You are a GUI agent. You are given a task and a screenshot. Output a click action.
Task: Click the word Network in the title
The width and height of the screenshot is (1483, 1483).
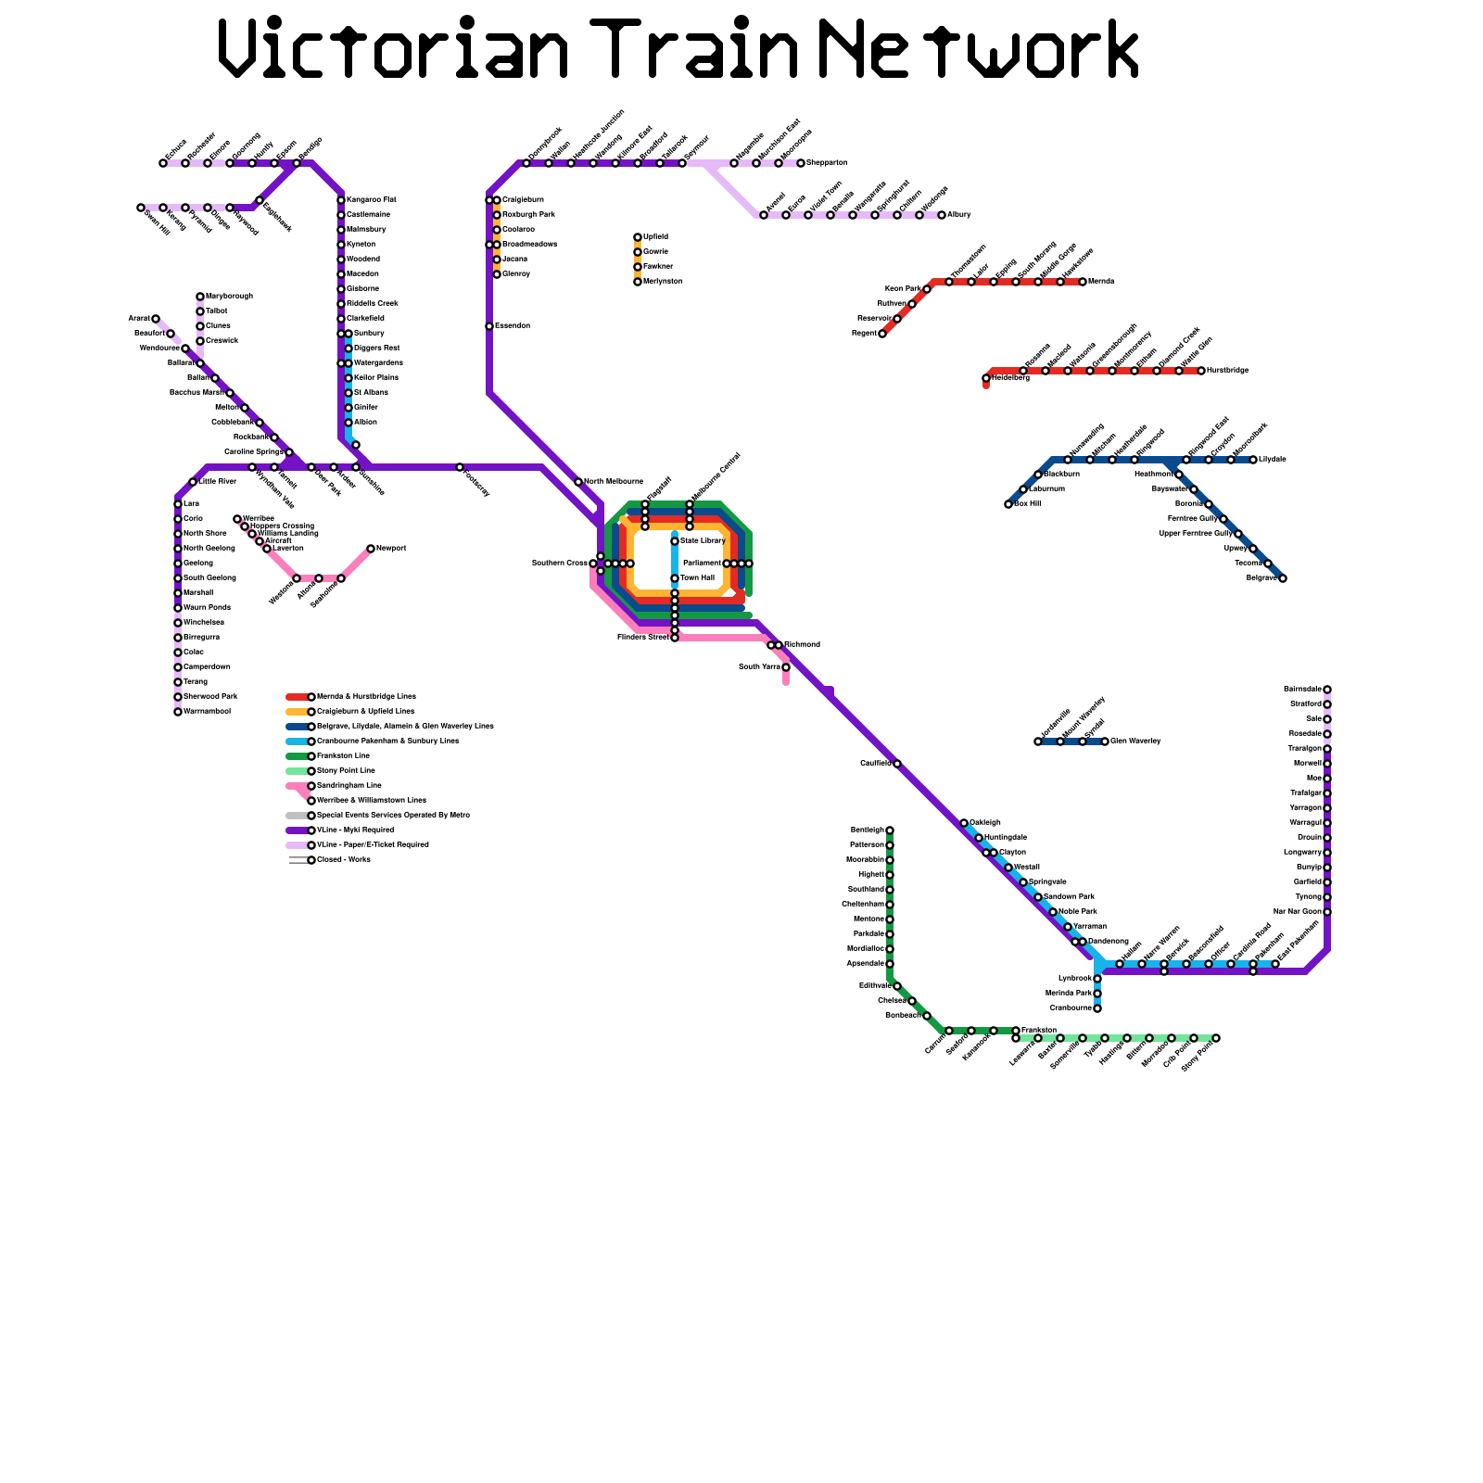point(979,48)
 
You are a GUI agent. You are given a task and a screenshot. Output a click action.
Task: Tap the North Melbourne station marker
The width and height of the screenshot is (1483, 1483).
point(578,482)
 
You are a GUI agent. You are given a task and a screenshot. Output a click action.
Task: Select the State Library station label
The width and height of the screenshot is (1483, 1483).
point(703,540)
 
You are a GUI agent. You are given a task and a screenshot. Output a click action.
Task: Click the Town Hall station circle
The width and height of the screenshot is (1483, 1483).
point(675,578)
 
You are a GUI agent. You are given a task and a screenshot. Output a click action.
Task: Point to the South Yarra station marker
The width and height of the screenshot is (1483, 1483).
point(786,667)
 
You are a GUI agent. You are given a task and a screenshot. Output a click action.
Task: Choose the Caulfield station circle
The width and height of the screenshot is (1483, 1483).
point(897,764)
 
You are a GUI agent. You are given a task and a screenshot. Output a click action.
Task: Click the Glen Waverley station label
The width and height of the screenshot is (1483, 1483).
point(1135,741)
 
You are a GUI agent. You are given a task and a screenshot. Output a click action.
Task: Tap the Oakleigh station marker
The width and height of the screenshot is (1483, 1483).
point(964,823)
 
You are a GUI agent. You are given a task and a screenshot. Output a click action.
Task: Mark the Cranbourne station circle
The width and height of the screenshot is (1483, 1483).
point(1097,1008)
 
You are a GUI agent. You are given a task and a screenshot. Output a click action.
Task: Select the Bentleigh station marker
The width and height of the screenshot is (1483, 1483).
point(890,830)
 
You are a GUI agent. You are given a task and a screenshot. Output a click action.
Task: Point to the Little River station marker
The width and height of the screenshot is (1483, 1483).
point(193,482)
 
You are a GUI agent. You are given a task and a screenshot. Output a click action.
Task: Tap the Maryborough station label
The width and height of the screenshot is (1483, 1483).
point(229,297)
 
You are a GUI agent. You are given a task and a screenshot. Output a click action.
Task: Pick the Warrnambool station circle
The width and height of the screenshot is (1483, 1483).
point(178,712)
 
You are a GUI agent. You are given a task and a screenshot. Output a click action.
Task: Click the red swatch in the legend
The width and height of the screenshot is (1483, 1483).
point(297,697)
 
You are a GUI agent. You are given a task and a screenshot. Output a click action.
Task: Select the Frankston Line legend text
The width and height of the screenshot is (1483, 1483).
point(343,756)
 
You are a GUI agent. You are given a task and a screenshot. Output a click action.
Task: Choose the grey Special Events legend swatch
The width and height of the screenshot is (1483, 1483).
point(297,816)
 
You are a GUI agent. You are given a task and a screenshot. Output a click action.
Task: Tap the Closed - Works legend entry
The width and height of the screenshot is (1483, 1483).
point(343,860)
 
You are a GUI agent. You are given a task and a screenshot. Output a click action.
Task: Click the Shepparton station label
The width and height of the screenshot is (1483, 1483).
point(827,163)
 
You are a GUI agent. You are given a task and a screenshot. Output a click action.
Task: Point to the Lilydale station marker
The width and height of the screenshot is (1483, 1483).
point(1253,460)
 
